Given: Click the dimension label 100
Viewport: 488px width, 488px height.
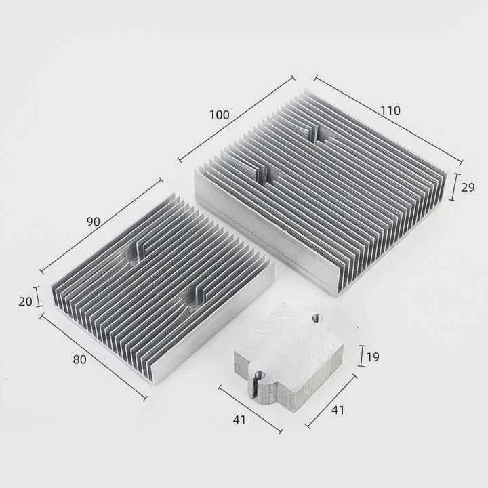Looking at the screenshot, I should [220, 115].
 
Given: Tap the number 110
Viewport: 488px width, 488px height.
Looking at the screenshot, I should [390, 110].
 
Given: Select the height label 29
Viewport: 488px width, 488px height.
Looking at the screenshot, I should [468, 188].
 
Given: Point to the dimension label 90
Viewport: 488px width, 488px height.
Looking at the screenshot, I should [94, 221].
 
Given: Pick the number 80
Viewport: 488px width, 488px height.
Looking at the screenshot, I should [80, 360].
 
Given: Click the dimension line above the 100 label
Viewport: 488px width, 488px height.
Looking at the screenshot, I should [237, 118].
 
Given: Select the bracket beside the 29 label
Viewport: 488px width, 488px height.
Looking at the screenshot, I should [454, 186].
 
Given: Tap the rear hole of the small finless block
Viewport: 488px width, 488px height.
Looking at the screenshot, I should [316, 316].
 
